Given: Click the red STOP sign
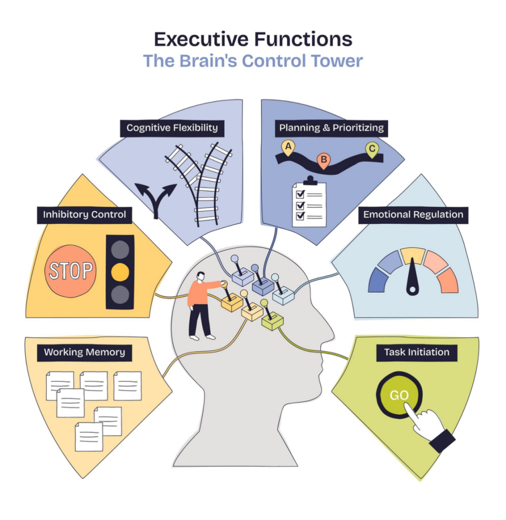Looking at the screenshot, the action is coord(70,271).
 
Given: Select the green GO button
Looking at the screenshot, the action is coord(399,395).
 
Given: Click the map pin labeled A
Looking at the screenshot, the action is coord(288,148).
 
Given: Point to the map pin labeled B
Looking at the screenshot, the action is coord(324,161).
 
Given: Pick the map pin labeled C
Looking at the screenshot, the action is coord(372,149).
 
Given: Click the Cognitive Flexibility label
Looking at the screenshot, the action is coord(172,128).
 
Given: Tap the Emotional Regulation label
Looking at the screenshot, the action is coord(413,215).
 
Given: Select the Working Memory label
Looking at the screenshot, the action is coord(84,352).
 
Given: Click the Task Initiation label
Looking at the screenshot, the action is coord(417,352).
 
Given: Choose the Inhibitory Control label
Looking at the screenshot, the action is coord(84,215).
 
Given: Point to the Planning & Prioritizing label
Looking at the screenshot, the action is coord(331,128).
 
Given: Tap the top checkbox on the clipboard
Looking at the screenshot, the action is coord(300,193).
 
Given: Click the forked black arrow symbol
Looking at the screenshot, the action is coord(156,199).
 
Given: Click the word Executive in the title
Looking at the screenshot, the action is coord(201,39).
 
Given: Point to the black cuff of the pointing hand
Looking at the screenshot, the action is coord(442,441).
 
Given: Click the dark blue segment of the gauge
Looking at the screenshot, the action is coord(376,281).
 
